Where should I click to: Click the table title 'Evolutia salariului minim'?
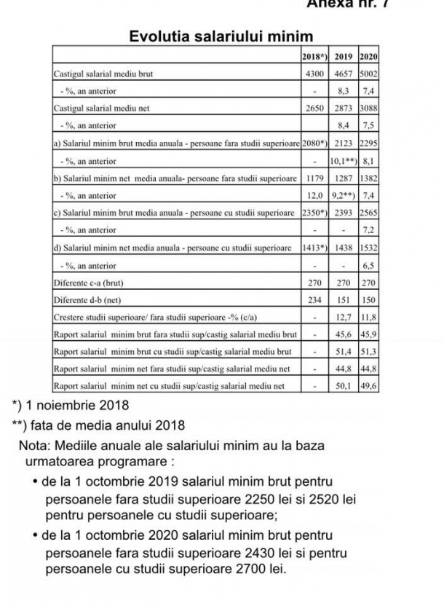pyautogui.click(x=221, y=36)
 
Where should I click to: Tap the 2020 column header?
pyautogui.click(x=368, y=56)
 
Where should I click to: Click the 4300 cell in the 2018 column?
pyautogui.click(x=314, y=74)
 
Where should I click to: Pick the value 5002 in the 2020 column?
pyautogui.click(x=368, y=74)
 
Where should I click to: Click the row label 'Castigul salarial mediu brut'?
pyautogui.click(x=103, y=74)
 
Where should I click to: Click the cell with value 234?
pyautogui.click(x=314, y=299)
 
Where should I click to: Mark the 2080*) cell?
pyautogui.click(x=314, y=143)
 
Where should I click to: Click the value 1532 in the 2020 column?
pyautogui.click(x=368, y=248)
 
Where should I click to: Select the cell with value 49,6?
pyautogui.click(x=368, y=386)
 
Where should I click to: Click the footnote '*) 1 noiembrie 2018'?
pyautogui.click(x=70, y=405)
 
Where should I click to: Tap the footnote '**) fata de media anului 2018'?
pyautogui.click(x=96, y=425)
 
